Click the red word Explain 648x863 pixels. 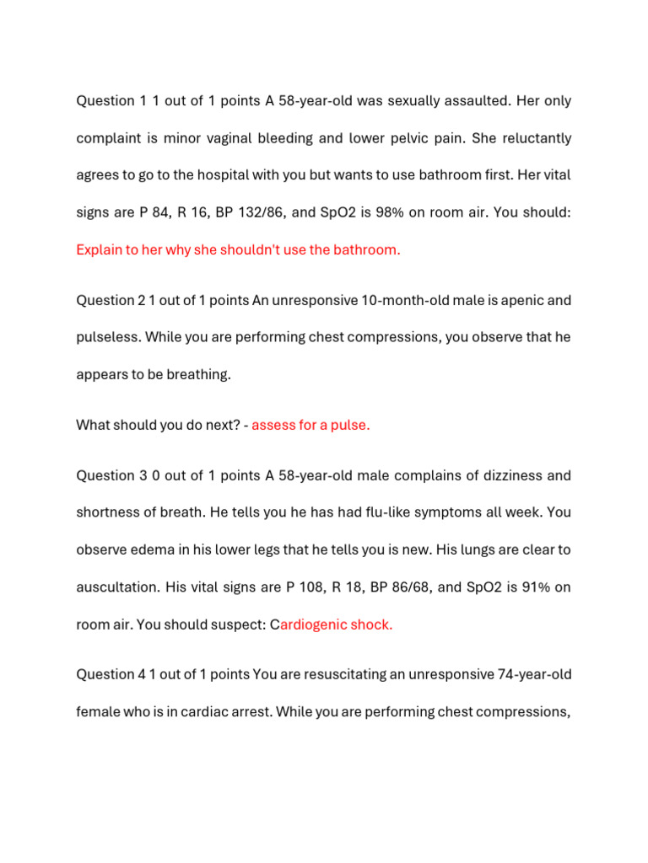pos(100,249)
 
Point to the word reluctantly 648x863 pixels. pos(531,138)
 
